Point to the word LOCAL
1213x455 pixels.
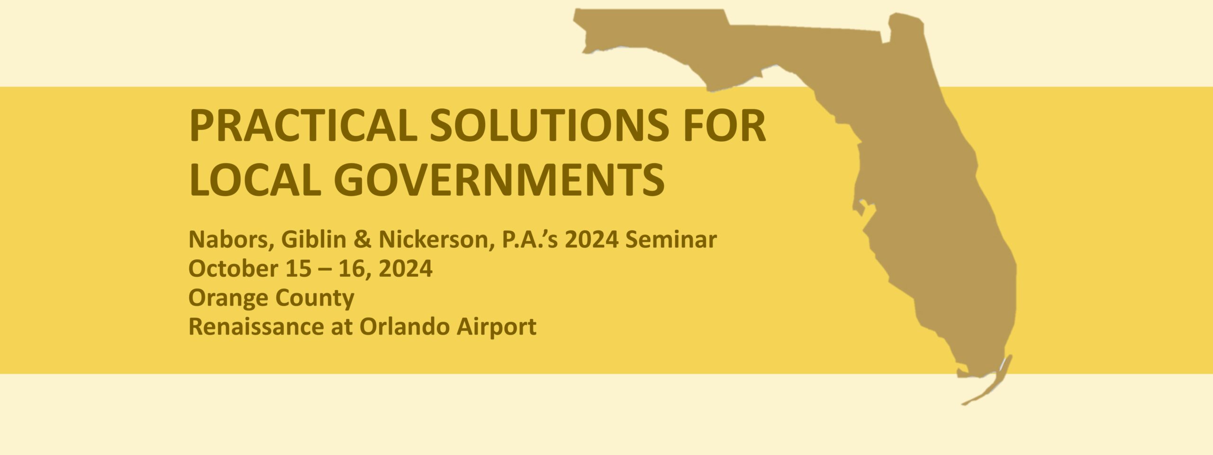coord(253,180)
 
